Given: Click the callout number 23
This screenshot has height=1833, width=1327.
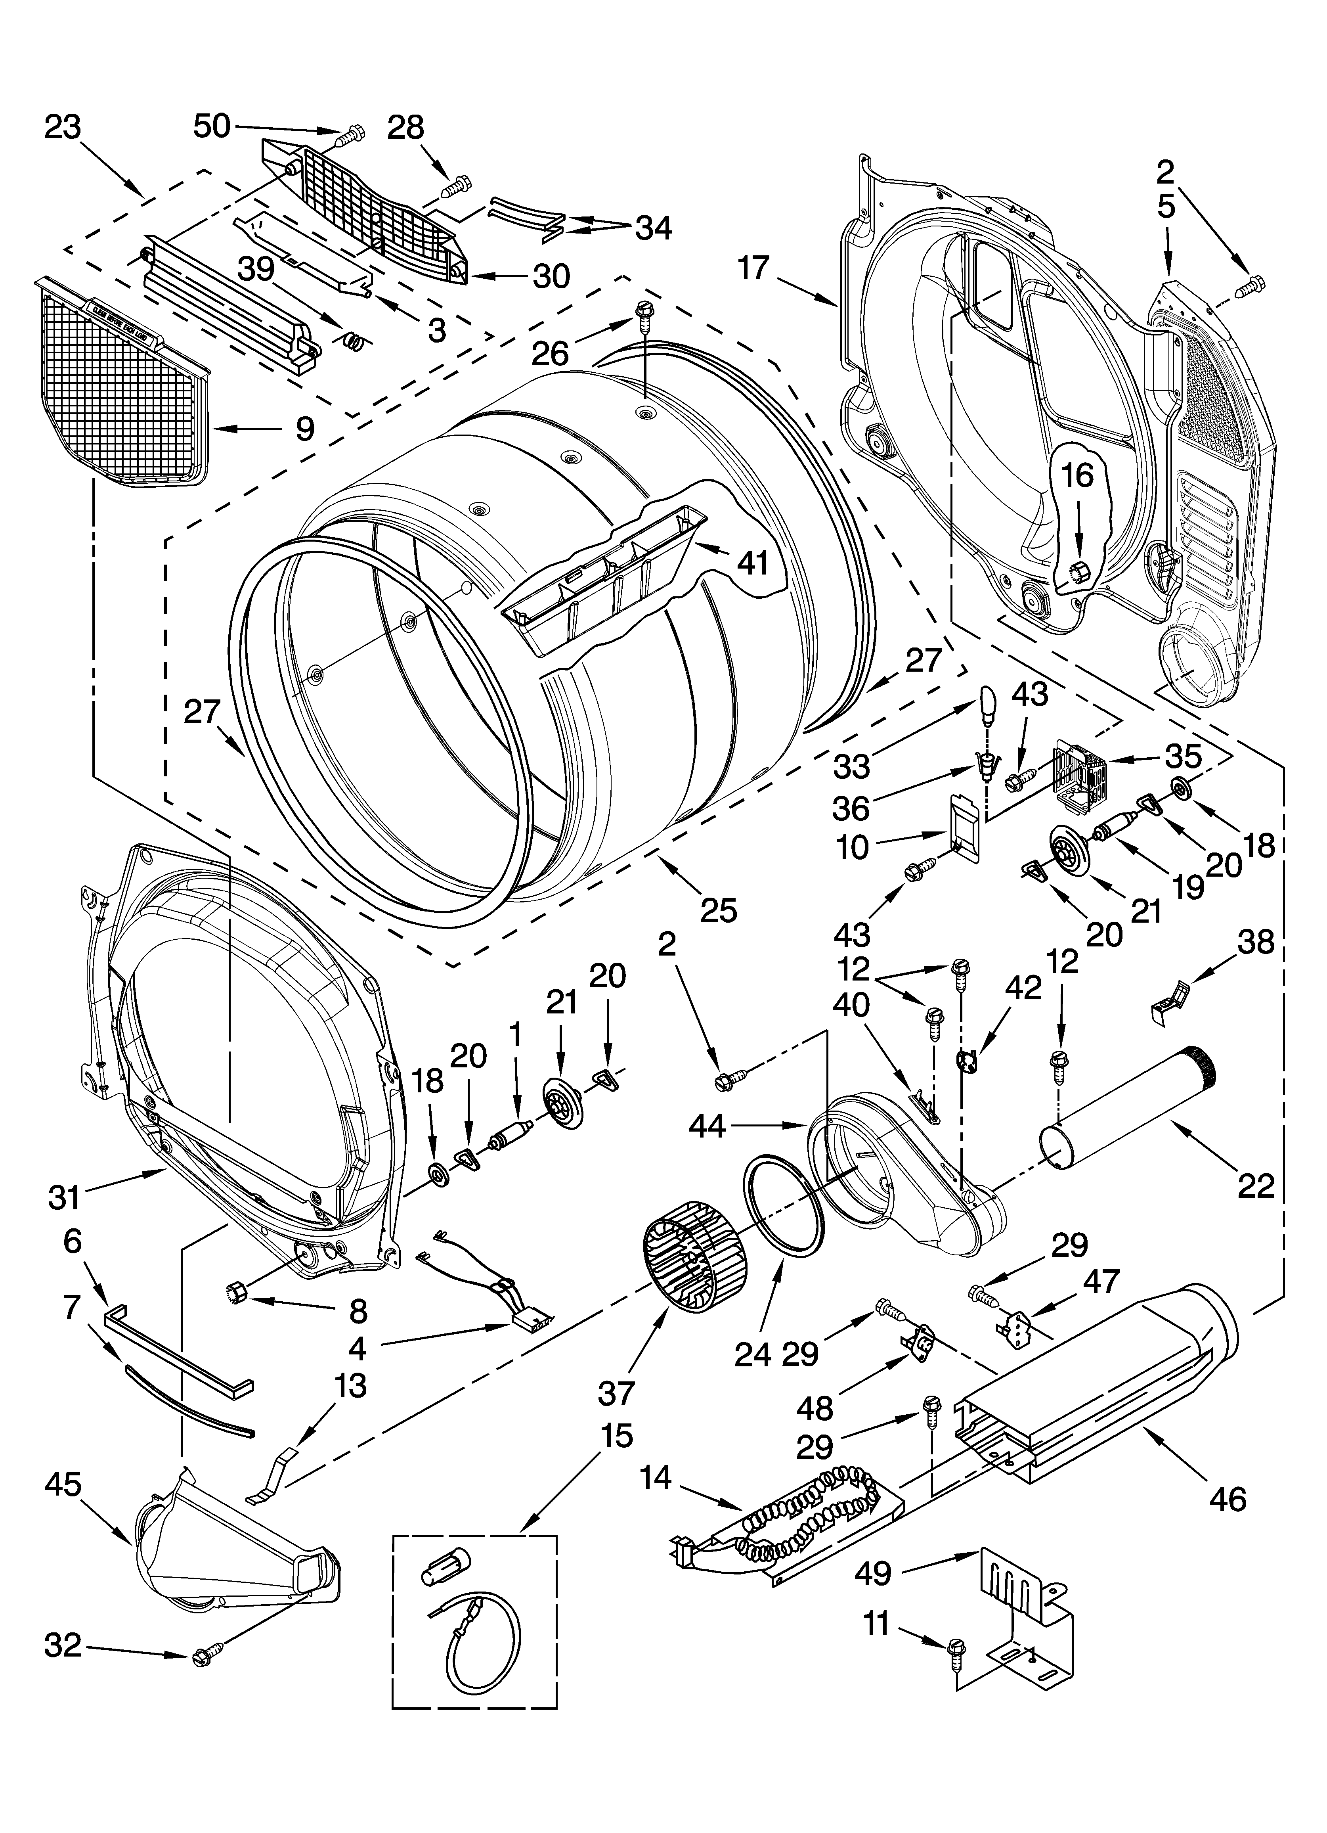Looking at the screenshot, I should coord(63,128).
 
